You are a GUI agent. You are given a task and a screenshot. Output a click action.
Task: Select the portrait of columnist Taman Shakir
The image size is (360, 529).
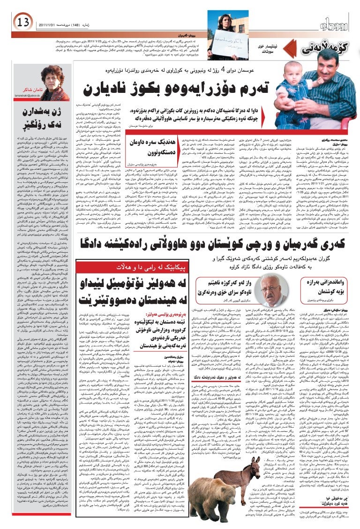(55, 83)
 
